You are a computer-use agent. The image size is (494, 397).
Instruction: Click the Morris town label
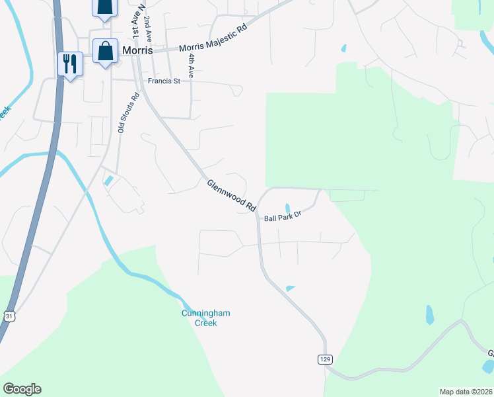pyautogui.click(x=137, y=51)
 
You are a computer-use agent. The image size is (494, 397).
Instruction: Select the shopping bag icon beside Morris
pyautogui.click(x=105, y=51)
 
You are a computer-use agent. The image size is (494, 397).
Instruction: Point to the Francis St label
pyautogui.click(x=164, y=81)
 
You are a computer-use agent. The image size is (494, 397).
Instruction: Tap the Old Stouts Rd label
pyautogui.click(x=128, y=112)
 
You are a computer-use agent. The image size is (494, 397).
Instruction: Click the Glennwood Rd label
pyautogui.click(x=231, y=196)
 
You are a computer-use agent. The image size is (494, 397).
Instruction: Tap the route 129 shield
pyautogui.click(x=324, y=359)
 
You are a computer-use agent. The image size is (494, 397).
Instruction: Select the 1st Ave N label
pyautogui.click(x=135, y=22)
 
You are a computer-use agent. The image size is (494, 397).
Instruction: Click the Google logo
pyautogui.click(x=22, y=389)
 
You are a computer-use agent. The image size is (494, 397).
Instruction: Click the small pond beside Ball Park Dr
pyautogui.click(x=287, y=208)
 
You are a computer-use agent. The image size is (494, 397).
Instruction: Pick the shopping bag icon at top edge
pyautogui.click(x=104, y=7)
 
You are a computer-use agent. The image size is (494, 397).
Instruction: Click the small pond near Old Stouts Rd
pyautogui.click(x=108, y=181)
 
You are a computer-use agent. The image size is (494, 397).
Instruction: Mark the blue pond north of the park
pyautogui.click(x=343, y=48)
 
